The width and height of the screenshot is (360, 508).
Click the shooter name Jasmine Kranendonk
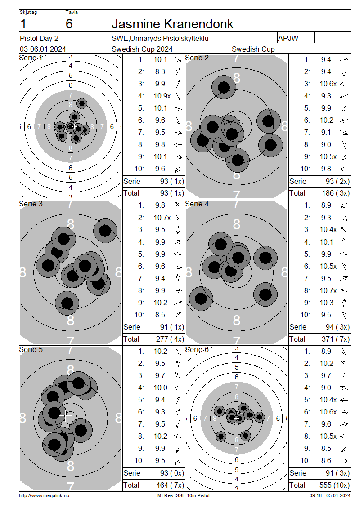(172, 24)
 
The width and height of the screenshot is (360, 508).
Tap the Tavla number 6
(69, 24)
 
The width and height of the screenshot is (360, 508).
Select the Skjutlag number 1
(23, 24)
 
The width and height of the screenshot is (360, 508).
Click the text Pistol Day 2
(39, 38)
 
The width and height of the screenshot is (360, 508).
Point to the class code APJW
(288, 38)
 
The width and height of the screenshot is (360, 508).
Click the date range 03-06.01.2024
(43, 49)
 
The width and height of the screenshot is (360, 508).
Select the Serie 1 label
(31, 58)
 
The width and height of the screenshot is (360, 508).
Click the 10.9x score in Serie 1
(162, 96)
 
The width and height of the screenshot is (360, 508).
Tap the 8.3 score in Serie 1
(160, 71)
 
